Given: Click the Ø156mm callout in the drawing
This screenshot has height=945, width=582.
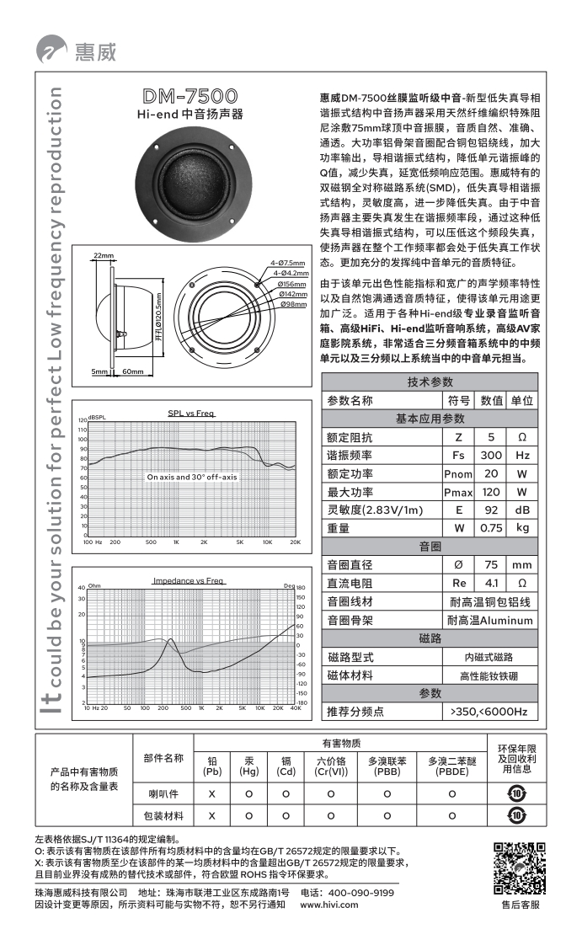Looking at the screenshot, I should click(292, 284).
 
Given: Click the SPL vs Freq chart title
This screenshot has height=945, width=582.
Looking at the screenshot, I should click(191, 413).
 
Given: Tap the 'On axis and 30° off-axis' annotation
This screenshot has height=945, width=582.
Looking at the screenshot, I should click(191, 477).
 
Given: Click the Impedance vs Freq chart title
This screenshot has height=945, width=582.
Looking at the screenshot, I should click(188, 581).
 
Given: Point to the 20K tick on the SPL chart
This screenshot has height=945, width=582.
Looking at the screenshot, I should click(295, 542).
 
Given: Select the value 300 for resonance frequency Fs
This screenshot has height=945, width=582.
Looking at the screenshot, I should click(490, 456).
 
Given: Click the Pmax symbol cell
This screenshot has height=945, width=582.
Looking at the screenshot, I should click(458, 492).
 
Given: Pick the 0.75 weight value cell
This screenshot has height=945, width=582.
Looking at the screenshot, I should click(490, 528).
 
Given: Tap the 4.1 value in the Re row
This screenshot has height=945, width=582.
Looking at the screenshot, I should click(490, 583).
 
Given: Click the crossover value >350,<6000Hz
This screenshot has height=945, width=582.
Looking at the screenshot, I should click(489, 712).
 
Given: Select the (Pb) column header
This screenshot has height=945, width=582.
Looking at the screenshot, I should click(212, 771).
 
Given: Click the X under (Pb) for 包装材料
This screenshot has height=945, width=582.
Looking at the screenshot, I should click(212, 815).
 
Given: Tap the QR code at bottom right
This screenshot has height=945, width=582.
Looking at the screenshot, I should click(519, 868).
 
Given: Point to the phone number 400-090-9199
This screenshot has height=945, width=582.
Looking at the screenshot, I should click(360, 892).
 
